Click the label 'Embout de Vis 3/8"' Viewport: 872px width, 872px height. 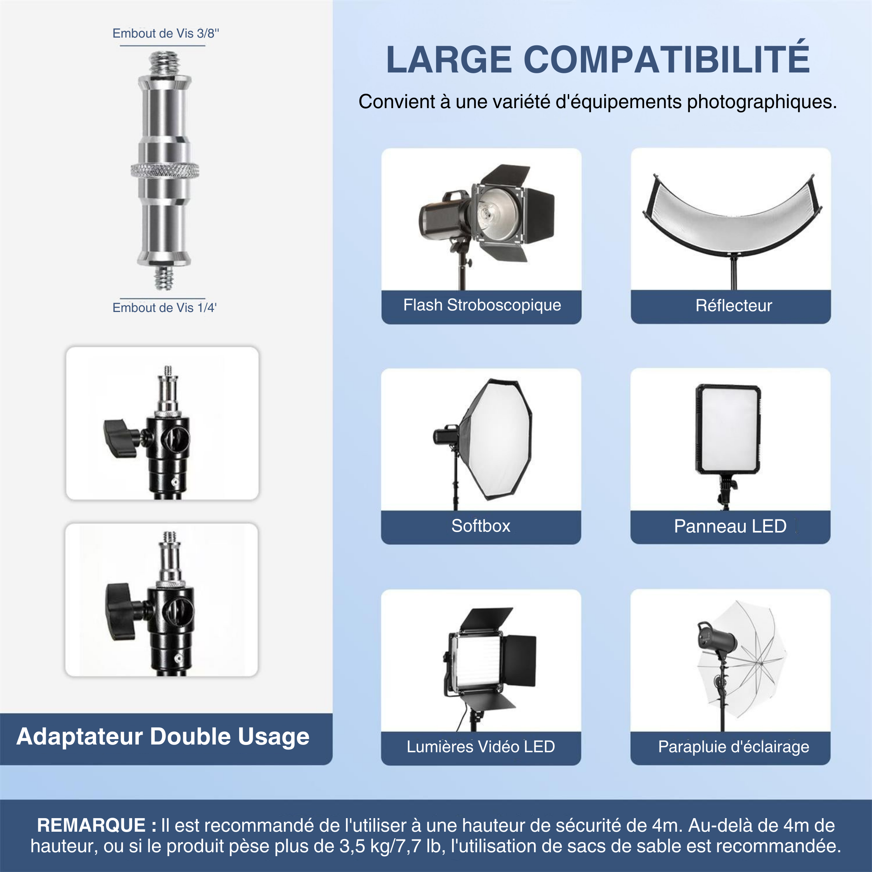click(x=165, y=33)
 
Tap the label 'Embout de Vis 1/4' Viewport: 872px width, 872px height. click(x=165, y=308)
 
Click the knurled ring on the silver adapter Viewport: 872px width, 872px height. click(x=165, y=171)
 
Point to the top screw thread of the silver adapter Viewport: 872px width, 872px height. click(x=164, y=63)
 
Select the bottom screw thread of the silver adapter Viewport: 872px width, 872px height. click(x=164, y=277)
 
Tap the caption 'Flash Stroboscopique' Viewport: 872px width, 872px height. click(x=482, y=305)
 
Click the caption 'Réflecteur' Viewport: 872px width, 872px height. click(x=733, y=305)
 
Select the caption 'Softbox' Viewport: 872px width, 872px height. click(x=481, y=526)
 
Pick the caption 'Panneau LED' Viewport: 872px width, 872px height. click(x=730, y=526)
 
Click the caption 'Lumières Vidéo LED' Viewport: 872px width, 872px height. click(x=481, y=746)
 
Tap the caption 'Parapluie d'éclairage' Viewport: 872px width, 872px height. click(x=733, y=747)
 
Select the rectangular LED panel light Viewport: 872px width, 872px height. click(x=728, y=429)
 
